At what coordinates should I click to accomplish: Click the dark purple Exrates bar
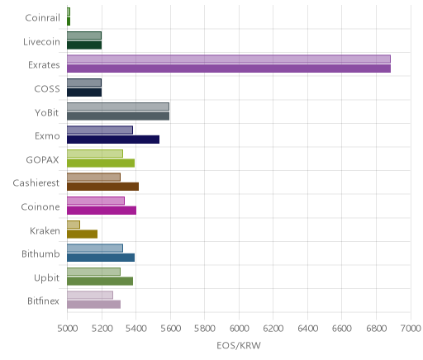[229, 69]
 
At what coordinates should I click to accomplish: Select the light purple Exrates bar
[229, 59]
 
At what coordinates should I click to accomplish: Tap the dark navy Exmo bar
[113, 140]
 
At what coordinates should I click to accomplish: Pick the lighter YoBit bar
[118, 107]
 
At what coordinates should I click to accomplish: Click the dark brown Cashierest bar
[102, 187]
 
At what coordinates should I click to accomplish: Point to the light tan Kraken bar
[74, 225]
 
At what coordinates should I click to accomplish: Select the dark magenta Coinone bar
[102, 211]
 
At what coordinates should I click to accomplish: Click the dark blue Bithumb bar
[101, 258]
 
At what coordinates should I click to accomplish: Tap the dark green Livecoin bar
[84, 45]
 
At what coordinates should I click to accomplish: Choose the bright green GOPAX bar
[101, 163]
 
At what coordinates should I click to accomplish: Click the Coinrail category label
[42, 18]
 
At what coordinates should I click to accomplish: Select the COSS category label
[47, 89]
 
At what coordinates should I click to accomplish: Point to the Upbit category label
[46, 278]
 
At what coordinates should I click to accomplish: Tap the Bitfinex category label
[43, 301]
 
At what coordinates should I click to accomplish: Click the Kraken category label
[45, 230]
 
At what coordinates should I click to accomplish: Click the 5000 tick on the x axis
[67, 329]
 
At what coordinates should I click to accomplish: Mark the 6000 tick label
[239, 329]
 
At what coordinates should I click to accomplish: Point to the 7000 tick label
[411, 329]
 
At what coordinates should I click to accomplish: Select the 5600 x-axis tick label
[170, 329]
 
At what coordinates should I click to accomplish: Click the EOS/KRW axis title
[239, 346]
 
